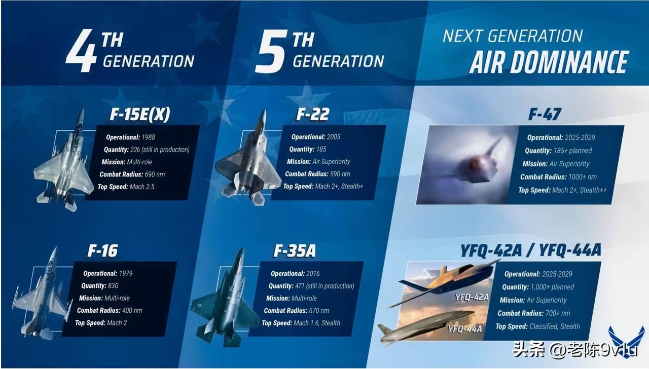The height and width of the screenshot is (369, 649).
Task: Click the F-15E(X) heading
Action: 140,115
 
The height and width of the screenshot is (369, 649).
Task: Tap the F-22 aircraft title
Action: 313,115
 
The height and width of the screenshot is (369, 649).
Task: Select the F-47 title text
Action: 545,114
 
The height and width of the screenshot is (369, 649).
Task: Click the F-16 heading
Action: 102,250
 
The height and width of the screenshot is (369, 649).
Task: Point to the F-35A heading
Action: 295,251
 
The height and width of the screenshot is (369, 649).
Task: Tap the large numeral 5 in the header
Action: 271,51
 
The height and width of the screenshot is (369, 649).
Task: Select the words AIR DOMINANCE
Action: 549,62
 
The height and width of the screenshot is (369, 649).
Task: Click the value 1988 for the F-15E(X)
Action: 149,137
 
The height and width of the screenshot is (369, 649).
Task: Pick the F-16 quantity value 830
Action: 113,286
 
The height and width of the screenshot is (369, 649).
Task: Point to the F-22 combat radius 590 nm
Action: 340,174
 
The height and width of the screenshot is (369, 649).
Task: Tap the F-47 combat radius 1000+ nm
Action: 583,177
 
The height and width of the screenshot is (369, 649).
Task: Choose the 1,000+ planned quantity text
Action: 552,287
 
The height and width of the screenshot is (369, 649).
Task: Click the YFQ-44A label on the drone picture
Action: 465,329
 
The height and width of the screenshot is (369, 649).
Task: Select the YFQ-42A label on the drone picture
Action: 472,298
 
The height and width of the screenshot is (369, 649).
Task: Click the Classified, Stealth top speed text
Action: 555,326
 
